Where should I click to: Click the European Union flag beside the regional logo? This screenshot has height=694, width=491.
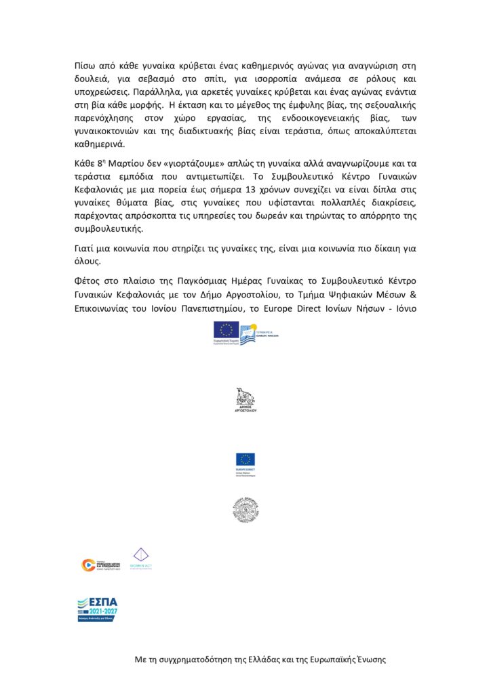pos(224,331)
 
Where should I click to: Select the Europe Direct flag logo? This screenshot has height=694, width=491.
pos(245,460)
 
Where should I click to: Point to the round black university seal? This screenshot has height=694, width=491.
pos(245,509)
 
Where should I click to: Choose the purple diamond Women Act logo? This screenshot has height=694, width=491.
pos(140,556)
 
